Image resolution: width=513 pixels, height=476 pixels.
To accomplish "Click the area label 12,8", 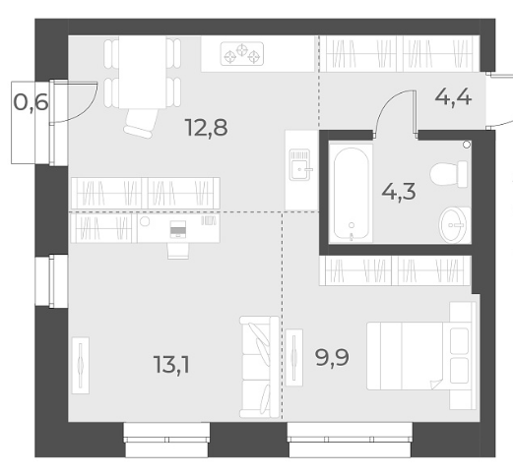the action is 206,128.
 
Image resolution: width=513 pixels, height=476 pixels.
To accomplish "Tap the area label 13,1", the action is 171,365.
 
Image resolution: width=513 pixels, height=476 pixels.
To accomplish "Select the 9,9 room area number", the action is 332,357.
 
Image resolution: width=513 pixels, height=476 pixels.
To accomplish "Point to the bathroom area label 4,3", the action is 399,192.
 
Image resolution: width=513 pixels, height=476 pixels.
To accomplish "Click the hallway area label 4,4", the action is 453,97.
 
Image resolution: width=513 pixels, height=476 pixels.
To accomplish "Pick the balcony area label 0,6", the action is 32,102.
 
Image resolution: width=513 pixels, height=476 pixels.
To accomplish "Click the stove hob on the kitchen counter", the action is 242,53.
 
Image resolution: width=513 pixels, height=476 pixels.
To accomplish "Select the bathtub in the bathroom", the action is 351,194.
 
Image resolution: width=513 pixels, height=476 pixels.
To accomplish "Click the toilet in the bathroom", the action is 449,174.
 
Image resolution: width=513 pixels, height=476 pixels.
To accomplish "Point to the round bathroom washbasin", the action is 453,225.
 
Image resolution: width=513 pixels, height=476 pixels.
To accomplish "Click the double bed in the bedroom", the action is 421,356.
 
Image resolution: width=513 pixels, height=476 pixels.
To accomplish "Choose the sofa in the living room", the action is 259,367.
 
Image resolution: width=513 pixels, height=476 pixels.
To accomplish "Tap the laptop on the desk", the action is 178,229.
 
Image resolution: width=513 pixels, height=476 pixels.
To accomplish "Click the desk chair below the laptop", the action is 178,251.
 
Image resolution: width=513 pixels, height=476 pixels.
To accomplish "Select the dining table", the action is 143,72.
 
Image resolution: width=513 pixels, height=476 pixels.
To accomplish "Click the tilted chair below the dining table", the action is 140,123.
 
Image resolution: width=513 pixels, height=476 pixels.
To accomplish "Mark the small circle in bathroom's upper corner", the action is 467,145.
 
